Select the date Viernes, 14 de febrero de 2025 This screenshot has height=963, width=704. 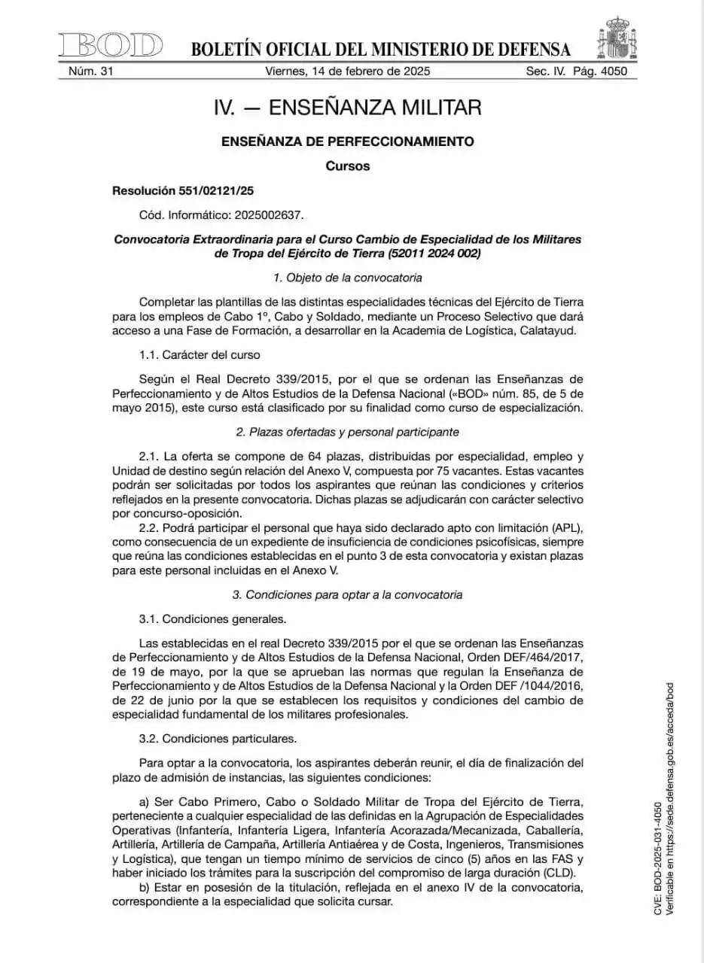tap(347, 72)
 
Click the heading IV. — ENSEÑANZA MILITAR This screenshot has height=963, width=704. tap(347, 108)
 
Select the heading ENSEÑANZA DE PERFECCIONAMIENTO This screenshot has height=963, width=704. tap(347, 141)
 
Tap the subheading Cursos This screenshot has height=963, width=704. tap(347, 166)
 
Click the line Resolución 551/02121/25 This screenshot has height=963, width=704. tap(182, 191)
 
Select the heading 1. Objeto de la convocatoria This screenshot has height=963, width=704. tap(347, 278)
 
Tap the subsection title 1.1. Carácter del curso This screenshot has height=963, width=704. tap(200, 354)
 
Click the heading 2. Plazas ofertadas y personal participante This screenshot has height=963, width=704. tap(347, 432)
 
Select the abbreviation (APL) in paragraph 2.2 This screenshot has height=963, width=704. tap(567, 527)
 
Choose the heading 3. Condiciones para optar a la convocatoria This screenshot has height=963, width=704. tap(347, 594)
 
